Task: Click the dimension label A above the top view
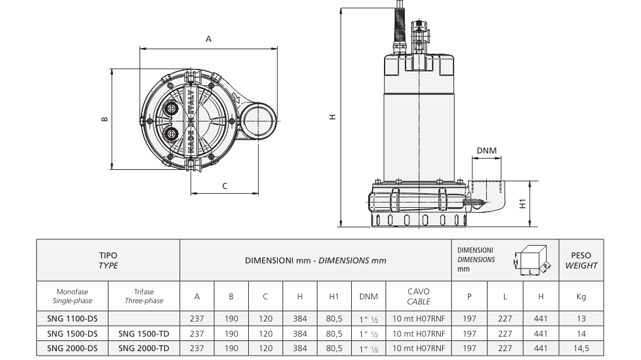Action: [208, 39]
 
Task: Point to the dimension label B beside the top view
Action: [105, 119]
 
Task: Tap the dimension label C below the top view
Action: [224, 186]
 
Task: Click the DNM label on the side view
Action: [486, 150]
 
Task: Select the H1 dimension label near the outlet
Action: [522, 203]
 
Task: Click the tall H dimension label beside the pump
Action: [333, 117]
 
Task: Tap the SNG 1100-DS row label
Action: [73, 318]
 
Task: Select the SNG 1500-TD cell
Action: [144, 333]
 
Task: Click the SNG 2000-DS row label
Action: [73, 348]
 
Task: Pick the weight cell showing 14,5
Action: [581, 348]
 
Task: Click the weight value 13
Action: [581, 318]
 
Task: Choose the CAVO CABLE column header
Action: [419, 296]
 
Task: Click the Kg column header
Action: [581, 297]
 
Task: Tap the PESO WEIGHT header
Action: [581, 260]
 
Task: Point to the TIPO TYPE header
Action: [109, 260]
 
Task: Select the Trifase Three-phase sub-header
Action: [144, 296]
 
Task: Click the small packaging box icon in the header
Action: [532, 260]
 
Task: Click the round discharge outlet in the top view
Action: [258, 121]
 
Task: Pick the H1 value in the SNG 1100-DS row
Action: [334, 318]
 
